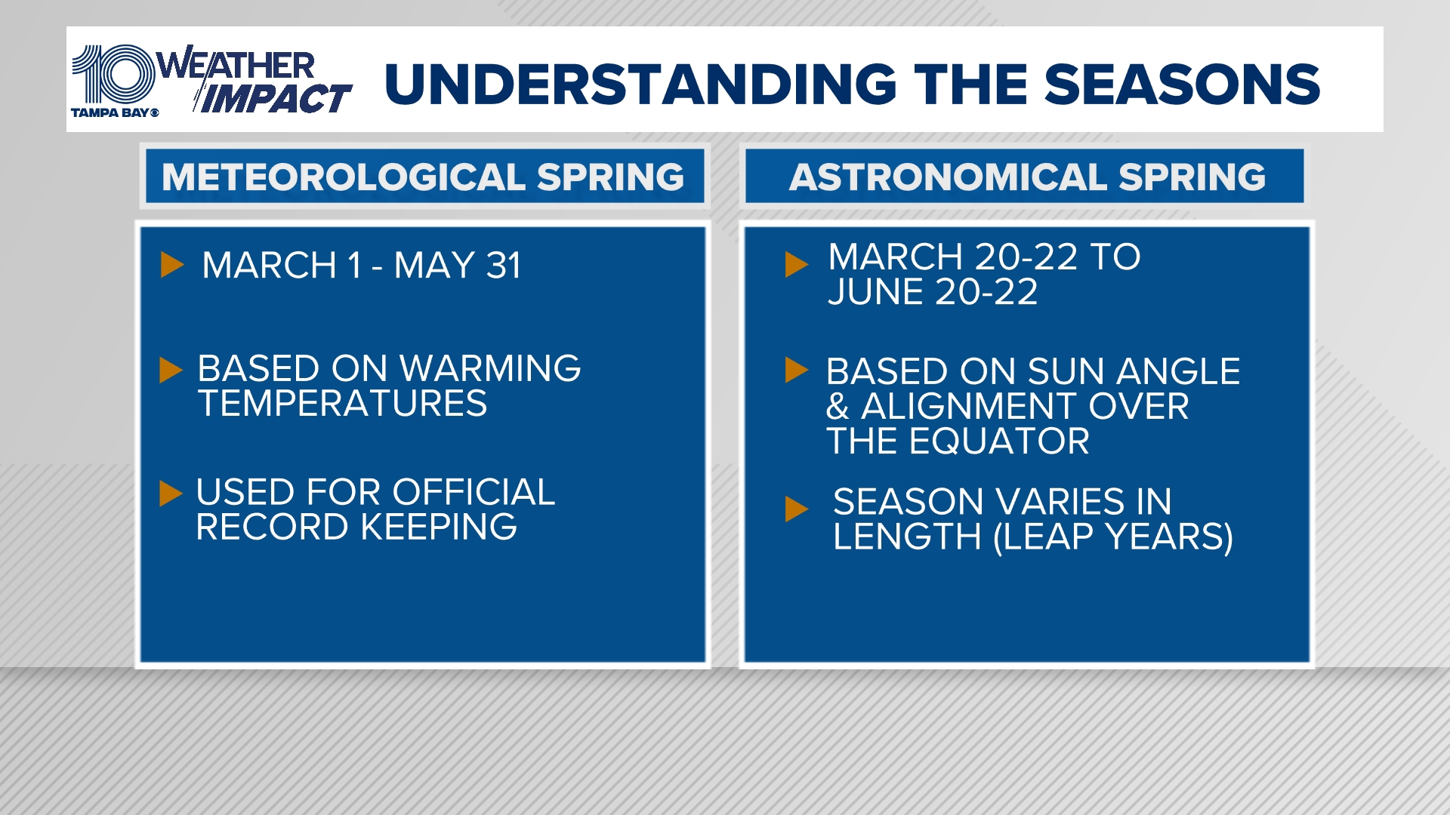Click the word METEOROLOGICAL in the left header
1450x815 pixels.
[343, 177]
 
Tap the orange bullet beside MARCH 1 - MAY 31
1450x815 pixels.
[172, 265]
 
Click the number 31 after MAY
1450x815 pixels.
[504, 266]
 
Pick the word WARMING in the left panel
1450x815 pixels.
[490, 369]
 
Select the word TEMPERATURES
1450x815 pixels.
[342, 404]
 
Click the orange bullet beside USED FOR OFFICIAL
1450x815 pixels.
[171, 494]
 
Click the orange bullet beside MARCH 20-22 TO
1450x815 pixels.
[796, 265]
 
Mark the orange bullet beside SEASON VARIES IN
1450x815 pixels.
[796, 509]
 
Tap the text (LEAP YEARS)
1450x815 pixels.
[1113, 537]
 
